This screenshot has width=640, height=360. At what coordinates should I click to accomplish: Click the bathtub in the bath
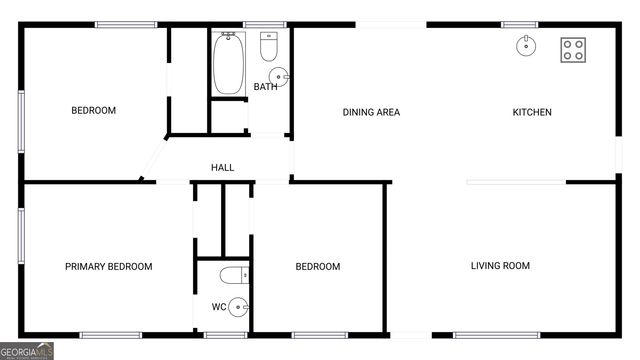(x=228, y=64)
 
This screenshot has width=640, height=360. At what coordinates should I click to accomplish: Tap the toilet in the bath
(x=268, y=47)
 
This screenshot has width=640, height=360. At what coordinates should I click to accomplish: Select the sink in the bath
(x=279, y=75)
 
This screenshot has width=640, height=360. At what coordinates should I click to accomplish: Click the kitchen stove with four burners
(x=573, y=50)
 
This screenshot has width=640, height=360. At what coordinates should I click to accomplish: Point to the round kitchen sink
(x=526, y=45)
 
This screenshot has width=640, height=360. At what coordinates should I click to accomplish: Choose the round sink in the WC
(x=238, y=307)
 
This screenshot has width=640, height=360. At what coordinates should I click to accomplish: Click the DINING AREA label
(x=371, y=112)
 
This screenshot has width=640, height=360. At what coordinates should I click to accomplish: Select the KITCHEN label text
(x=532, y=112)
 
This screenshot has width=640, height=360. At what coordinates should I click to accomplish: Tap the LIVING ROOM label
(x=500, y=266)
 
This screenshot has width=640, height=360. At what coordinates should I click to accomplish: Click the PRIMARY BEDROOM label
(x=108, y=267)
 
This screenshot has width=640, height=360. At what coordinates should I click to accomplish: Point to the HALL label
(x=222, y=167)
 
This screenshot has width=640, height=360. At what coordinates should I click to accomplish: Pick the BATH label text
(x=265, y=87)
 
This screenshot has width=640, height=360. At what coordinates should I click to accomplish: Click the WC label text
(x=218, y=307)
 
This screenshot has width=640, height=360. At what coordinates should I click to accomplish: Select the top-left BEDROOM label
(x=93, y=110)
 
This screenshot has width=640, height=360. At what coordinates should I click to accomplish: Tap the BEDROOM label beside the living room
(x=317, y=267)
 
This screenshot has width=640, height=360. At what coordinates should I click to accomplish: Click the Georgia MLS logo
(x=27, y=351)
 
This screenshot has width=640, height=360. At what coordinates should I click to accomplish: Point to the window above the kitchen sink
(x=520, y=24)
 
